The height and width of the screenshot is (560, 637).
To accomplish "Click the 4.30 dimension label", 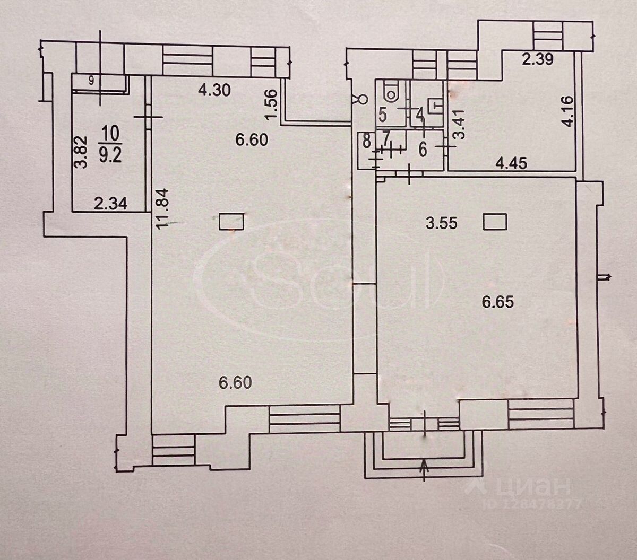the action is [x=214, y=91].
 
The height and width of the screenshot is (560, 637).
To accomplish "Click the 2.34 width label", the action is [x=110, y=203].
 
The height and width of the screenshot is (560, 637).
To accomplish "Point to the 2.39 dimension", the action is [x=538, y=60].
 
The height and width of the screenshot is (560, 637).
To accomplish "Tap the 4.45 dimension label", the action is [x=511, y=163].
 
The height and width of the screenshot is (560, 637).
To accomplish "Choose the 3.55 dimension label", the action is [x=442, y=223].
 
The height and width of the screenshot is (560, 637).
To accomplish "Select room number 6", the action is [x=423, y=150].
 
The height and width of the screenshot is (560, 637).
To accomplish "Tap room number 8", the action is [x=366, y=142].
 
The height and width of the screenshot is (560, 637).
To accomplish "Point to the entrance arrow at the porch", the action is [x=424, y=470].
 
